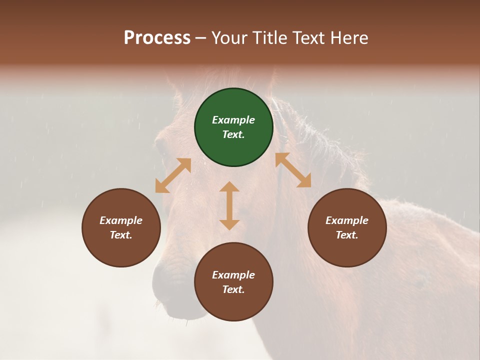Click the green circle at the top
pyautogui.click(x=233, y=127)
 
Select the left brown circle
pyautogui.click(x=121, y=227)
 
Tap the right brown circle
pyautogui.click(x=347, y=227)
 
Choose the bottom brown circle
pyautogui.click(x=233, y=282)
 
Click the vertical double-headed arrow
pyautogui.click(x=229, y=205)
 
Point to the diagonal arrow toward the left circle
pyautogui.click(x=173, y=175)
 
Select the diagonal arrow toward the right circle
pyautogui.click(x=293, y=170)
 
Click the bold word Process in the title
pyautogui.click(x=157, y=38)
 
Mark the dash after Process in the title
pyautogui.click(x=201, y=38)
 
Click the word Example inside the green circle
pyautogui.click(x=233, y=120)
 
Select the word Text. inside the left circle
pyautogui.click(x=121, y=235)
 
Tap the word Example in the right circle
pyautogui.click(x=347, y=220)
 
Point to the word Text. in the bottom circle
pyautogui.click(x=233, y=289)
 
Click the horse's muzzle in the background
pyautogui.click(x=172, y=290)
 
